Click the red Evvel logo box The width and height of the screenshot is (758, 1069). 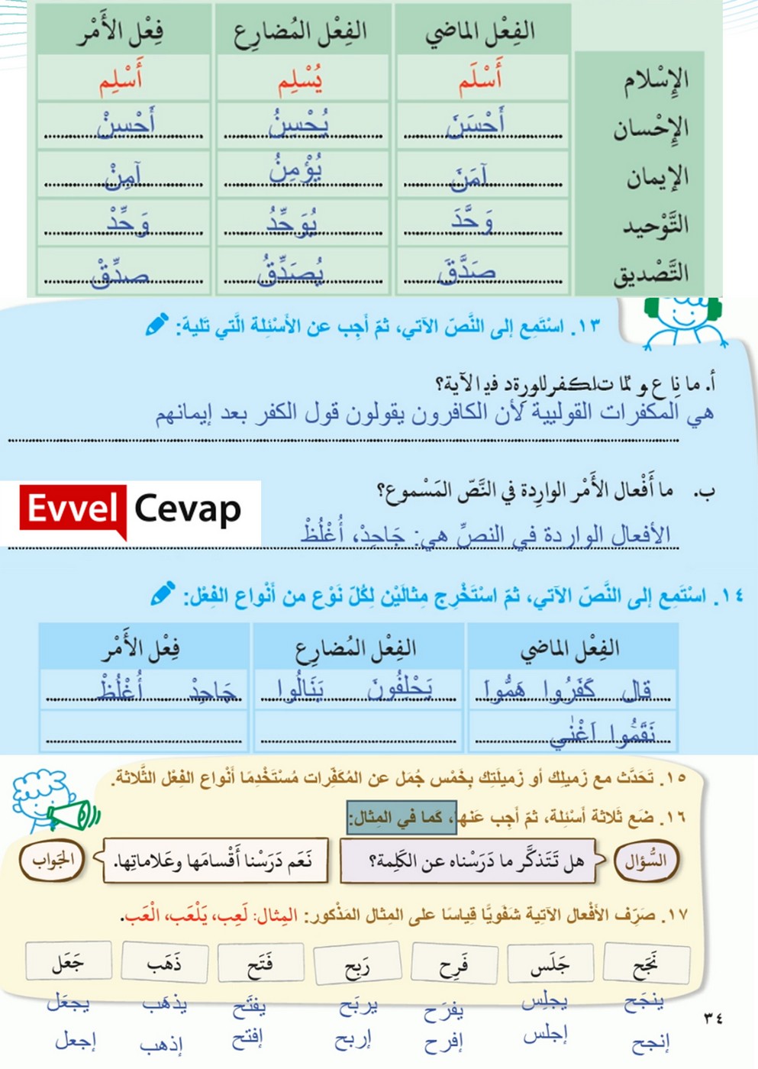[x=73, y=509]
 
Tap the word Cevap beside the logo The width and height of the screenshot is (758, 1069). [x=188, y=509]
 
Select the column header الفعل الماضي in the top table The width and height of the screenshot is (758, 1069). [x=480, y=31]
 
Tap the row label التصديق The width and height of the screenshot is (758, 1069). [x=651, y=273]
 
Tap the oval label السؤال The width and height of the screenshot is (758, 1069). [x=646, y=861]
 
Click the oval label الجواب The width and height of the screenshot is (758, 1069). [x=53, y=860]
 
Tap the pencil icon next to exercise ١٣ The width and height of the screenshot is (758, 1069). [x=157, y=325]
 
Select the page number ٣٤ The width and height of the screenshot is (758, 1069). [x=713, y=1018]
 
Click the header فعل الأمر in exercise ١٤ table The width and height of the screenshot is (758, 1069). [x=142, y=648]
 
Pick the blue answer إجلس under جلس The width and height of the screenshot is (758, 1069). [x=545, y=1035]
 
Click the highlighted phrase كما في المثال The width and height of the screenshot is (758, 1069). [x=402, y=817]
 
